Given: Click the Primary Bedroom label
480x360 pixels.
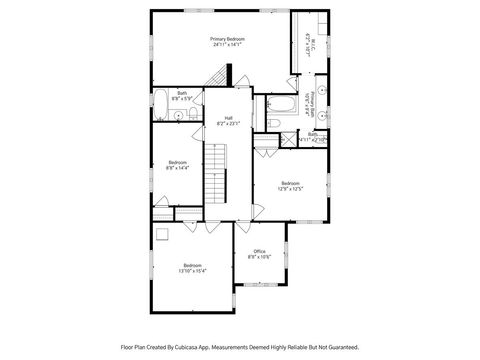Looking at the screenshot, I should (x=227, y=39).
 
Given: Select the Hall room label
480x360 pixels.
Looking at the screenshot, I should (x=228, y=117).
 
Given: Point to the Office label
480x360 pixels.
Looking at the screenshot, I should (x=259, y=251).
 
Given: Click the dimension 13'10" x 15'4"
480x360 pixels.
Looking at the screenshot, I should (x=192, y=271).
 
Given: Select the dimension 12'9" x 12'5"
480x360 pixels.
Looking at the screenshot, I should (x=290, y=189).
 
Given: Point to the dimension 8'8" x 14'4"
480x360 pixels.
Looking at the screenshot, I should (x=178, y=168).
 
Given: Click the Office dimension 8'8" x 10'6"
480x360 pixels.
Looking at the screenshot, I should (x=259, y=257).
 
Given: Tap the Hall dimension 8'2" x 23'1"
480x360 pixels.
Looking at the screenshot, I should (x=228, y=123).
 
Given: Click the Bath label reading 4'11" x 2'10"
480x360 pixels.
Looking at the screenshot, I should (x=313, y=137).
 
